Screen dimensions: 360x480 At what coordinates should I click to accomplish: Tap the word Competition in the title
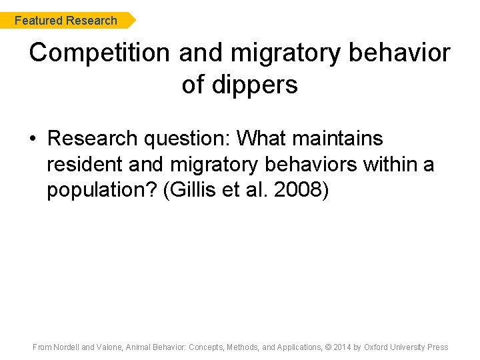(x=100, y=53)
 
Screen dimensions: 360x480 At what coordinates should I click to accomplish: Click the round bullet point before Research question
(x=33, y=139)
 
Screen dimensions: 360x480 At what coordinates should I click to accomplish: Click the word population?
(x=101, y=189)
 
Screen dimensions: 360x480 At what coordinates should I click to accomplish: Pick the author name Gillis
(x=191, y=189)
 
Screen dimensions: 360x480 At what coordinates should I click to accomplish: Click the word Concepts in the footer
(x=207, y=347)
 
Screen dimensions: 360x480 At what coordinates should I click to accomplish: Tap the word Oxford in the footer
(x=378, y=347)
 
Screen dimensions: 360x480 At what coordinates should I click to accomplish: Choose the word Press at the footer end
(x=438, y=347)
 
